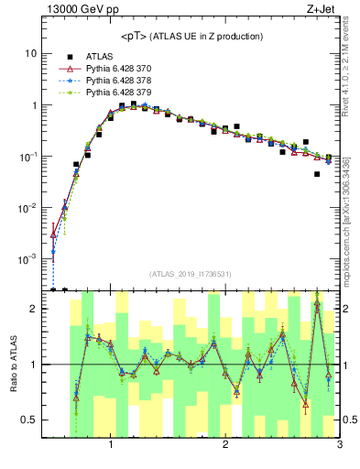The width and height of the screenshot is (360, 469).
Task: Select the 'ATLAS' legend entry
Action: (x=101, y=57)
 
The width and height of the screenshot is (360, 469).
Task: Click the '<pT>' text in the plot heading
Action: (x=136, y=36)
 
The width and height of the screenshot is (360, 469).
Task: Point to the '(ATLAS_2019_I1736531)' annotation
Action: (x=191, y=274)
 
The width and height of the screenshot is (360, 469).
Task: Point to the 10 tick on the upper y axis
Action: (x=30, y=53)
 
